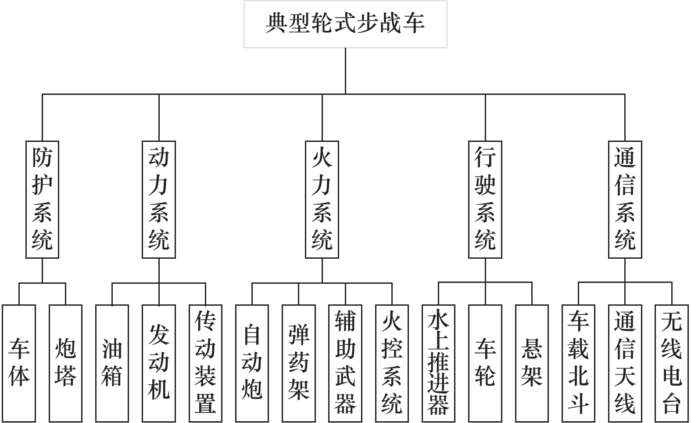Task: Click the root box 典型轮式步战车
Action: pos(345,24)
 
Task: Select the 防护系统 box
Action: pos(42,199)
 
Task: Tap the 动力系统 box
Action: pos(159,199)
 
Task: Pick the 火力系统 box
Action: pos(322,199)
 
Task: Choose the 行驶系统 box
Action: pos(485,199)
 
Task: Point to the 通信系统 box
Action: pos(625,199)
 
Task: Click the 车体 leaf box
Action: pos(19,363)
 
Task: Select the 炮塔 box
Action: pos(65,363)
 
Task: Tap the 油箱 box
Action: pos(112,363)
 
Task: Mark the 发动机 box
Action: pos(159,363)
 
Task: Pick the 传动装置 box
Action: pos(205,363)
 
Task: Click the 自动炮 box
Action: pos(252,363)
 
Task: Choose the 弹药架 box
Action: pos(299,363)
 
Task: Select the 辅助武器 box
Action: pos(345,363)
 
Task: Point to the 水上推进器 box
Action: pos(438,363)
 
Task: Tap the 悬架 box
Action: pos(532,363)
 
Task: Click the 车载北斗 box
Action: pos(578,363)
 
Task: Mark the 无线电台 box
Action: pos(671,363)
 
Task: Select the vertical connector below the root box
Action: pos(345,70)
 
